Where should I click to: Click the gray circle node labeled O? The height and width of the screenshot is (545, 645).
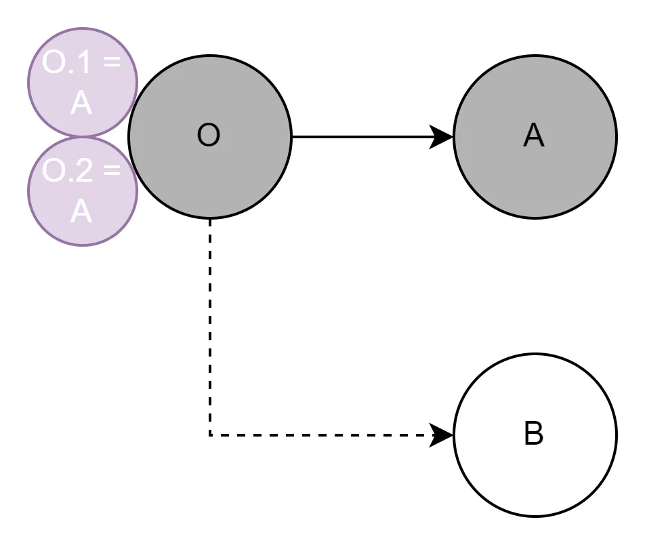pyautogui.click(x=209, y=137)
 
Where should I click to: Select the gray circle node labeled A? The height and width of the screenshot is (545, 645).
pyautogui.click(x=535, y=137)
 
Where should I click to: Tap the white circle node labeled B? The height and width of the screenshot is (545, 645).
pyautogui.click(x=535, y=435)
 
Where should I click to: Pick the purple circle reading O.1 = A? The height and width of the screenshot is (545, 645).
pyautogui.click(x=82, y=82)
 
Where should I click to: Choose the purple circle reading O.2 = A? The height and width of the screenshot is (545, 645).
pyautogui.click(x=82, y=191)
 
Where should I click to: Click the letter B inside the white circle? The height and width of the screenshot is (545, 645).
pyautogui.click(x=534, y=435)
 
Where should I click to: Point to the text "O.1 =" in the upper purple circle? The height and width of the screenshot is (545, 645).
pyautogui.click(x=81, y=64)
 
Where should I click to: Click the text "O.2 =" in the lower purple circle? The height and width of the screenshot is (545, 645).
pyautogui.click(x=81, y=171)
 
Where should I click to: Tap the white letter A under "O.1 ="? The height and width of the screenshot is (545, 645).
pyautogui.click(x=81, y=104)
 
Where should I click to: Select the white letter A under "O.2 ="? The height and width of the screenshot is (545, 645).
pyautogui.click(x=81, y=211)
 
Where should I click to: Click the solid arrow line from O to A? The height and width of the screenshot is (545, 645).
pyautogui.click(x=366, y=137)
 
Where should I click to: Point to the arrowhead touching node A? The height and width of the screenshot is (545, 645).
pyautogui.click(x=444, y=137)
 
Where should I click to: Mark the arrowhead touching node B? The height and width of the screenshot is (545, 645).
pyautogui.click(x=444, y=435)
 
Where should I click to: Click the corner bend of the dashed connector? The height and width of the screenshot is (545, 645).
pyautogui.click(x=210, y=435)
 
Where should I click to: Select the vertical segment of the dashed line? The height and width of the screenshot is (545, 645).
pyautogui.click(x=210, y=325)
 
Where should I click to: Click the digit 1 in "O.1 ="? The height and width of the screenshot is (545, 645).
pyautogui.click(x=83, y=64)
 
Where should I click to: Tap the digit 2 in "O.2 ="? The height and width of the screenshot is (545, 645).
pyautogui.click(x=83, y=171)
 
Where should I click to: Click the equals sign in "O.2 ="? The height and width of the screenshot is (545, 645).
pyautogui.click(x=112, y=172)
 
